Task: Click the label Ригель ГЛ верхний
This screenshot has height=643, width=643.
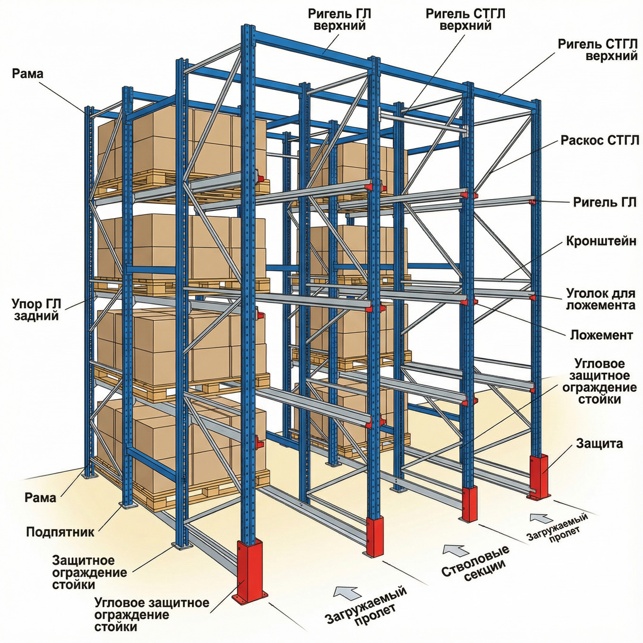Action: click(x=339, y=19)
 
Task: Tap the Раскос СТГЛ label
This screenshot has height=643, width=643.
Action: click(x=600, y=140)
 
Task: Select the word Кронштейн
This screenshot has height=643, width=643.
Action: click(x=601, y=242)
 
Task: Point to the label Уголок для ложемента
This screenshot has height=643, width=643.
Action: click(x=600, y=299)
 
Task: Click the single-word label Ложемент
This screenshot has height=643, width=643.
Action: click(x=601, y=335)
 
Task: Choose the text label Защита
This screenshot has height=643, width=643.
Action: click(x=599, y=443)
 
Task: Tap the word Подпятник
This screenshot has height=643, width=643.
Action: click(x=60, y=531)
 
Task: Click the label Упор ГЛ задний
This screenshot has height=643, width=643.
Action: click(x=37, y=309)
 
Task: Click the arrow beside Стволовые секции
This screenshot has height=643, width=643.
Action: click(x=455, y=550)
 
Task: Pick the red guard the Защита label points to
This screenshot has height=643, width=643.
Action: click(x=539, y=475)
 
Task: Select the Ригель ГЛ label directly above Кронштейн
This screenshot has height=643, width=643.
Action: click(x=605, y=202)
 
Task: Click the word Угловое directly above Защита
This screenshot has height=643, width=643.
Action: click(x=600, y=364)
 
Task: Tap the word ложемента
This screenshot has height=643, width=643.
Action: click(x=600, y=305)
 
